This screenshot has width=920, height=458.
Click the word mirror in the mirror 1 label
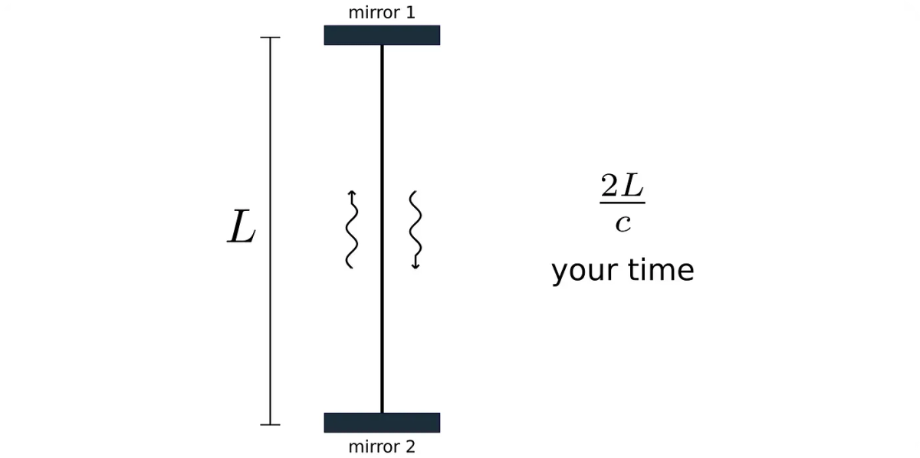(373, 13)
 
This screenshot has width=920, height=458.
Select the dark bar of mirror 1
(382, 35)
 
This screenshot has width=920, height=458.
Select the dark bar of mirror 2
(382, 423)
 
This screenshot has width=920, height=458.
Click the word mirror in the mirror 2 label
(373, 446)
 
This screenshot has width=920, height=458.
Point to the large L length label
(242, 229)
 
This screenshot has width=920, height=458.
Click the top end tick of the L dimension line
(270, 37)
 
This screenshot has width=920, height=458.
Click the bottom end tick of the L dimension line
(270, 424)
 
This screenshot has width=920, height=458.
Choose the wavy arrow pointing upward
(350, 229)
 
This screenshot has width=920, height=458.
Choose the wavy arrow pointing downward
(416, 229)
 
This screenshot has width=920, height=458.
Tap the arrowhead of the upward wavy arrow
(351, 193)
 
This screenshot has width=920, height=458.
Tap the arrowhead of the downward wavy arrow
(416, 265)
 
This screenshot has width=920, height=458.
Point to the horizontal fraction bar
(622, 203)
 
